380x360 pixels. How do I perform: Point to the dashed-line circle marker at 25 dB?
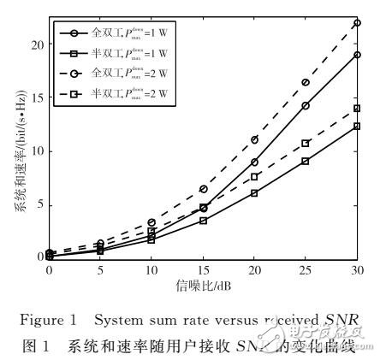(306, 82)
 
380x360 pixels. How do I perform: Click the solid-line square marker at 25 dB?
(306, 161)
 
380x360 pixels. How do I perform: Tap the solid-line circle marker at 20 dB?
(254, 162)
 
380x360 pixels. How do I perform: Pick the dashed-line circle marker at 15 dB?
(203, 188)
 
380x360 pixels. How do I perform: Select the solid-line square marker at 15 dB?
(203, 221)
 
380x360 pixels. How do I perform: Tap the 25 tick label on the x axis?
(306, 270)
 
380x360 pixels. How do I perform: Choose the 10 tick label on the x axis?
(151, 270)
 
